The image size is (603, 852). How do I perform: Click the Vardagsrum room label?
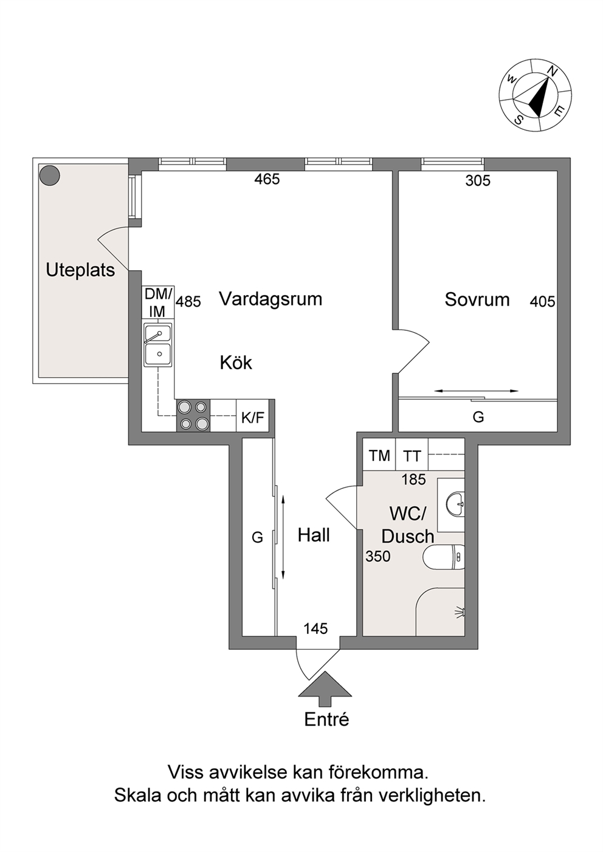[x=270, y=299]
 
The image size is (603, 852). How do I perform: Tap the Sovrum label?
[x=477, y=300]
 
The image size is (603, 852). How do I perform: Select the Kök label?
[x=236, y=363]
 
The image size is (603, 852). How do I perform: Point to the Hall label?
[x=314, y=535]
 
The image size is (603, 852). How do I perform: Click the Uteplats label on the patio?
[x=80, y=270]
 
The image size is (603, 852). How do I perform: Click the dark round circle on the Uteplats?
[x=50, y=176]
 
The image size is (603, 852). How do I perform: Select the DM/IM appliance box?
[x=157, y=302]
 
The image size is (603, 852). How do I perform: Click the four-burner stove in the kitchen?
[x=193, y=415]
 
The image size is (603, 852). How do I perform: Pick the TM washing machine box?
[x=379, y=455]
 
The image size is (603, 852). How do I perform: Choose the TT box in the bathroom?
[x=412, y=455]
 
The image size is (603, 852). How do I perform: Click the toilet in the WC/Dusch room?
[x=444, y=557]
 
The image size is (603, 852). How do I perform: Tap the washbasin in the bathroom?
[x=455, y=505]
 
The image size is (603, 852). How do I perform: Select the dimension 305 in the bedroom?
[x=478, y=181]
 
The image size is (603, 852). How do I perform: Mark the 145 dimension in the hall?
[x=315, y=629]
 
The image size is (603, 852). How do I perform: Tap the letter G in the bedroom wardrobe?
[x=478, y=417]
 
